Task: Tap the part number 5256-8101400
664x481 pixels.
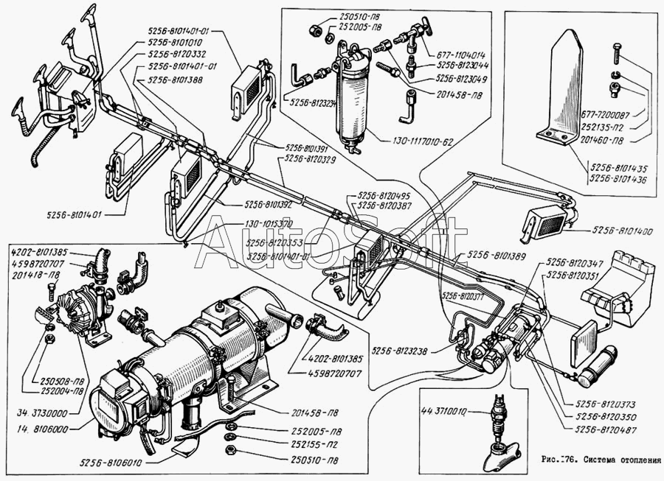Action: click(x=623, y=232)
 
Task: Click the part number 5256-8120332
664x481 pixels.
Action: click(x=177, y=54)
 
